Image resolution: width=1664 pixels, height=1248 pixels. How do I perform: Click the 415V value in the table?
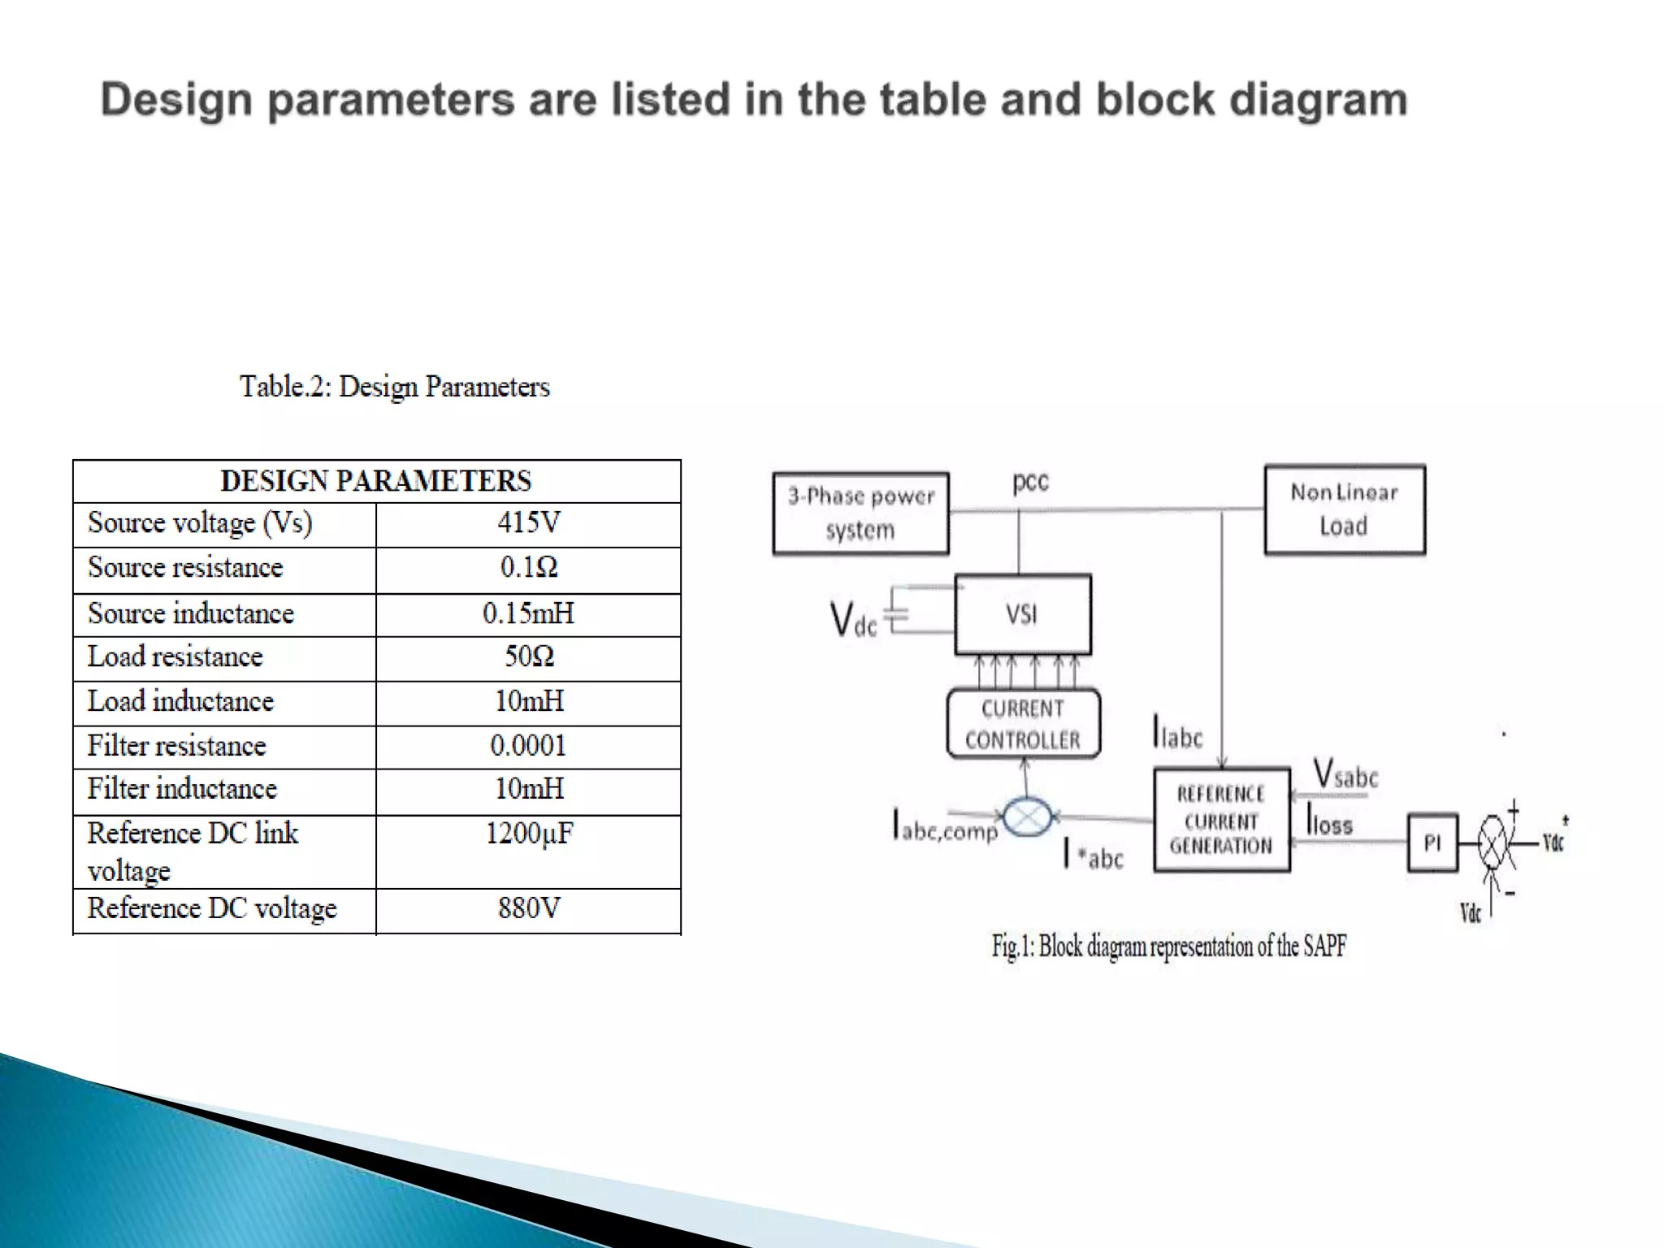point(529,522)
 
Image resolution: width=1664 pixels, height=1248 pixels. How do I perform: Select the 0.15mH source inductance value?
point(528,613)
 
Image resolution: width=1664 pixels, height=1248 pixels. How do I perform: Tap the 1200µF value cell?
point(529,834)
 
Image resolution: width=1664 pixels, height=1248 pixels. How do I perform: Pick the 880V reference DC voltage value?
point(529,908)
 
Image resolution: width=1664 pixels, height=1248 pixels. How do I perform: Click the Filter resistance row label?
point(176,746)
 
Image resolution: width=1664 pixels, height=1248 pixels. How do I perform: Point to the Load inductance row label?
point(180,701)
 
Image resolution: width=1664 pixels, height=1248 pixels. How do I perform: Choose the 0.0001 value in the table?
point(528,746)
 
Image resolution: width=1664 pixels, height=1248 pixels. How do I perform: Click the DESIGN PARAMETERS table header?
point(376,481)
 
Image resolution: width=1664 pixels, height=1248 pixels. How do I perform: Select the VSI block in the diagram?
point(1022,614)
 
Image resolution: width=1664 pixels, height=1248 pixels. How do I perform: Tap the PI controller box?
point(1432,843)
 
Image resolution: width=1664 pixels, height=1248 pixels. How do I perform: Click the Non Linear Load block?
point(1345,509)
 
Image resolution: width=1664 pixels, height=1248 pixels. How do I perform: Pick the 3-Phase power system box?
point(860,513)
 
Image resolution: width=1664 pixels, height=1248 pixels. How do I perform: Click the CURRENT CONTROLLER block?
point(1023,724)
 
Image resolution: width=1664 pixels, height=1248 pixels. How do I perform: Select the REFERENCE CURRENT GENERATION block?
point(1221,820)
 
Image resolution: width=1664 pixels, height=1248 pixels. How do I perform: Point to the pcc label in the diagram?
point(1030,482)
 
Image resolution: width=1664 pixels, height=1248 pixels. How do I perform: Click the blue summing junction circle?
point(1028,817)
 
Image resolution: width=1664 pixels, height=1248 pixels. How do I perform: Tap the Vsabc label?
point(1345,773)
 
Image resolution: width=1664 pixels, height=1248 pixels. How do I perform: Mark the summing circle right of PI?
point(1493,843)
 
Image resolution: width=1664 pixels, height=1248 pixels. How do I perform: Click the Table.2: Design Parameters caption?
point(395,387)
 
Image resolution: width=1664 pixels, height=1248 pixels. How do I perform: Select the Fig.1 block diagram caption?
point(1168,947)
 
